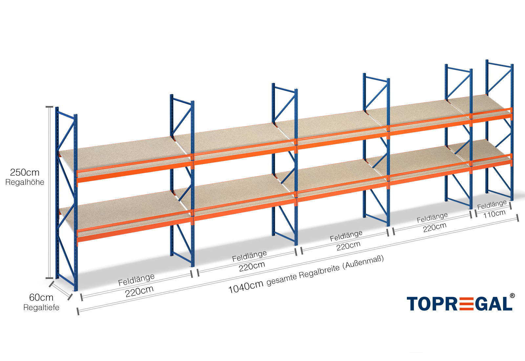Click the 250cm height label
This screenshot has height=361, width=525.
point(25,172)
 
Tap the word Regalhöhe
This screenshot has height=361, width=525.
point(25,182)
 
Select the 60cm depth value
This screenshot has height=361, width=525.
point(41,297)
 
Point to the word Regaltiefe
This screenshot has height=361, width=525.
point(41,308)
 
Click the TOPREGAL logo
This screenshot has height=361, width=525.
point(459,304)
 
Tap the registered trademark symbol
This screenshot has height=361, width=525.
point(512,296)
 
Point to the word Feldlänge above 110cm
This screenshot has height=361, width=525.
point(492,205)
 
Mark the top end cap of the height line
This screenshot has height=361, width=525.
point(49,107)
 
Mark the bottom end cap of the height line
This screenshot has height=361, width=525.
point(49,278)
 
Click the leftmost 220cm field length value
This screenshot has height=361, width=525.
point(139,291)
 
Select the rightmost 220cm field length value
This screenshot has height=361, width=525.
point(434,227)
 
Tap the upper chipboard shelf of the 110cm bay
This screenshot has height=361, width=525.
point(479,103)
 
